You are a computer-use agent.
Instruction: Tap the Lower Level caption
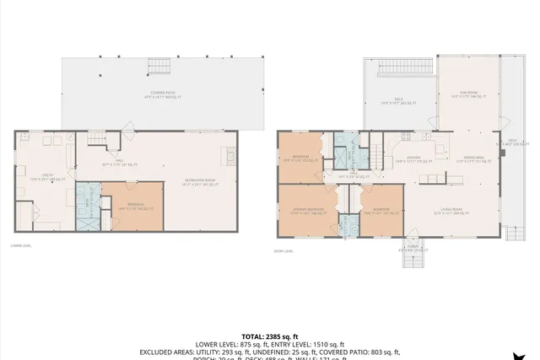pyautogui.click(x=22, y=246)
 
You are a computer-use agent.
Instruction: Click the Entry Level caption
pyautogui.click(x=283, y=250)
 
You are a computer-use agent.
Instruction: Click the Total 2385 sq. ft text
pyautogui.click(x=271, y=336)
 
